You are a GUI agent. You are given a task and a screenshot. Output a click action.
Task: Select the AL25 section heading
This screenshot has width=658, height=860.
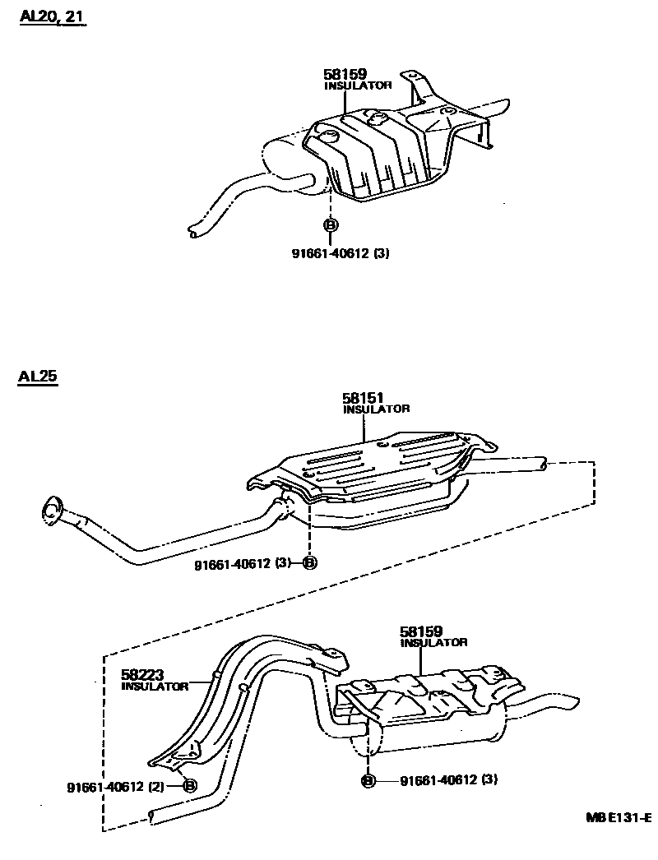tap(37, 377)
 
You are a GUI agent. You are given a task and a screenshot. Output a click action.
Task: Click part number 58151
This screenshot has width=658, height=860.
tap(364, 398)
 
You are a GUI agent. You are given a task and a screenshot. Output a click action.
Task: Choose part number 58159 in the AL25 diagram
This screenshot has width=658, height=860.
tap(422, 631)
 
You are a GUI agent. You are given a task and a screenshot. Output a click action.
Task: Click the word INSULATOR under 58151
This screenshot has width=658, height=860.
tap(376, 409)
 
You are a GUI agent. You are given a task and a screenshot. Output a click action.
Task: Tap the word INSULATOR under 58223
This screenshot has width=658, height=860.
tap(155, 687)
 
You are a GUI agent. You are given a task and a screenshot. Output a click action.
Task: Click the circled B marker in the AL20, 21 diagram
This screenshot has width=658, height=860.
tap(331, 225)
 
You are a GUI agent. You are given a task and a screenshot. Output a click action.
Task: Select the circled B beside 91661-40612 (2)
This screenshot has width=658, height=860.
tap(190, 786)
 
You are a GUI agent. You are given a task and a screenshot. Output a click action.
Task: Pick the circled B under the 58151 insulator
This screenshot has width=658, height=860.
tap(309, 563)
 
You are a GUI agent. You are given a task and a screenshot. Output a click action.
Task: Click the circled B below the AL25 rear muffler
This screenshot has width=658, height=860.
tap(368, 779)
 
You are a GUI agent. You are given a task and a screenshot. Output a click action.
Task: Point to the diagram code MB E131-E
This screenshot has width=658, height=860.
tap(618, 819)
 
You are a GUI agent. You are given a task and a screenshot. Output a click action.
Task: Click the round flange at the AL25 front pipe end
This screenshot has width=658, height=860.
tap(52, 509)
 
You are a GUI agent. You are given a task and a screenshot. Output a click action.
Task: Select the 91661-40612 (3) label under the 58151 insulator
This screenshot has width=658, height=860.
tap(243, 564)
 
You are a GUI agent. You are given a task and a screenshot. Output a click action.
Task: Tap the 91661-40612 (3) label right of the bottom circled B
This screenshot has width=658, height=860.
tap(448, 779)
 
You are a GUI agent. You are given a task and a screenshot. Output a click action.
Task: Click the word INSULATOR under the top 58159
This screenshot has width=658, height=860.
tap(358, 86)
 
